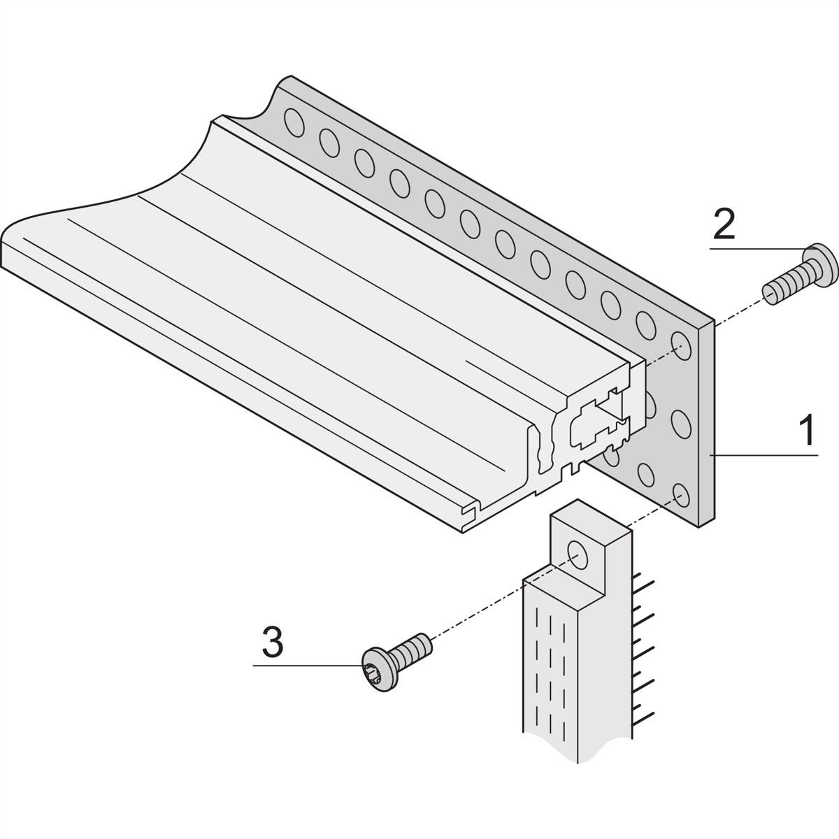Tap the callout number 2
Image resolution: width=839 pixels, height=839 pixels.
[x=724, y=224]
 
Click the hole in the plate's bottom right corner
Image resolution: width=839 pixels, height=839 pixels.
[x=682, y=495]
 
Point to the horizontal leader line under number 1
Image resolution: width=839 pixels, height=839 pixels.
[x=763, y=455]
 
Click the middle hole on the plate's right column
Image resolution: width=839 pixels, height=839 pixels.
[x=682, y=424]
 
